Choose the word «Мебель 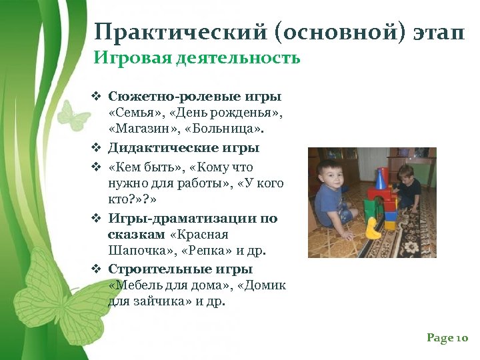137,285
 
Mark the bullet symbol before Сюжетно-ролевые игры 96,97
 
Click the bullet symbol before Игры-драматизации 96,219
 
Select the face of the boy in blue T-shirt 331,176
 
